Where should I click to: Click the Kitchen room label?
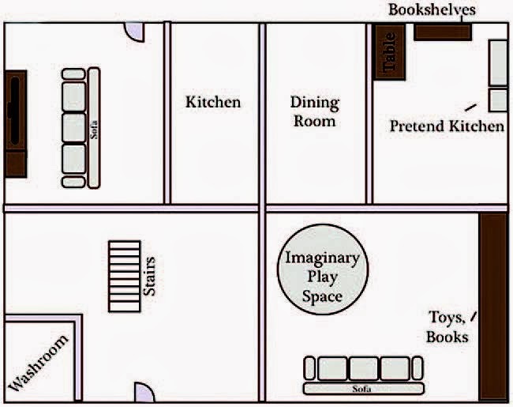tap(213, 102)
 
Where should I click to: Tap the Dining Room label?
tap(314, 111)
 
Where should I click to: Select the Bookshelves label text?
tap(432, 10)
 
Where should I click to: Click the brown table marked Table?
tap(389, 53)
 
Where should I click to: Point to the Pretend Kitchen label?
tap(446, 126)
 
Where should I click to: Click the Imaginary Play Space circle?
tap(321, 277)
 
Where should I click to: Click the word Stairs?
tap(150, 277)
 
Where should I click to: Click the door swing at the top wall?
tap(135, 32)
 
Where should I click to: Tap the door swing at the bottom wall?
tap(143, 393)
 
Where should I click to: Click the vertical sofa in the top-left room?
tap(81, 128)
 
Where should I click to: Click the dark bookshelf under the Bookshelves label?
tap(442, 32)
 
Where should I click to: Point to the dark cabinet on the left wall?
tap(15, 123)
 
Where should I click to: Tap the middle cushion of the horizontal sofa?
tap(363, 368)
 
